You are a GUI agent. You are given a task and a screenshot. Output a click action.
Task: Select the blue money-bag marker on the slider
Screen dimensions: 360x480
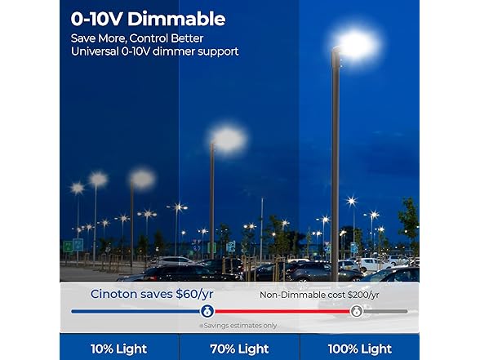(x=207, y=311)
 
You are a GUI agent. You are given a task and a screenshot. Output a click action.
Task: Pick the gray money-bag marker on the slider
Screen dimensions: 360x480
(x=357, y=311)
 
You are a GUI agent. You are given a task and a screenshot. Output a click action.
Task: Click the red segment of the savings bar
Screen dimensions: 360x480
(x=282, y=311)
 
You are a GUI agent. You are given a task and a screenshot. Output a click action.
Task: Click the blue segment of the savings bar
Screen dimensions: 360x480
(x=135, y=311)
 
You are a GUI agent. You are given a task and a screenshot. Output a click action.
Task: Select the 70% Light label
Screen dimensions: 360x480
(x=240, y=349)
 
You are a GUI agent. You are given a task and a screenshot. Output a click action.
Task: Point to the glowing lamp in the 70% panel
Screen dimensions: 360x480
(x=229, y=139)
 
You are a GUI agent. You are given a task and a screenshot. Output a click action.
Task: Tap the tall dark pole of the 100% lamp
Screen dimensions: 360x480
(x=335, y=163)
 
